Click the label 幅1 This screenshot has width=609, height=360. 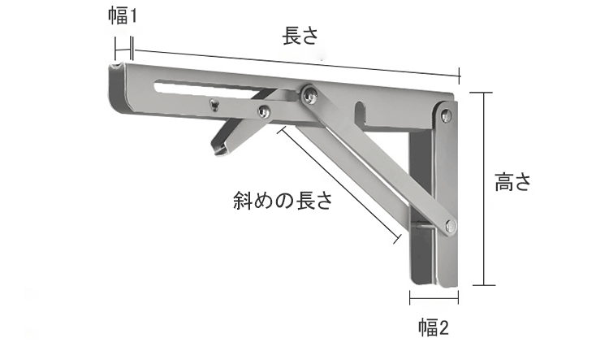tap(123, 16)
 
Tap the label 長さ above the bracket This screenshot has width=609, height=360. tap(300, 36)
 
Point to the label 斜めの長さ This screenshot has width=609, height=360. tap(283, 201)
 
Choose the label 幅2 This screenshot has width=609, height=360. tap(434, 327)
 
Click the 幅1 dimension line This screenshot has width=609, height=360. tap(124, 50)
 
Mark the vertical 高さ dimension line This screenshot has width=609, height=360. tap(483, 189)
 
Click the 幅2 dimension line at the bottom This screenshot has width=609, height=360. tap(434, 298)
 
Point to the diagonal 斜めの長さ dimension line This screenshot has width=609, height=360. tap(339, 185)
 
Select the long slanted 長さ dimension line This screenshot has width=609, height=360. tap(296, 63)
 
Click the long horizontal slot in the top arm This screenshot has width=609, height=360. tap(225, 89)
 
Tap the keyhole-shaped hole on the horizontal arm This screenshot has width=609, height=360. tap(214, 105)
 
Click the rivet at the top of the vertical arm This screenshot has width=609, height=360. tap(447, 115)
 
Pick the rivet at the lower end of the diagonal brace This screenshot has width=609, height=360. tap(451, 226)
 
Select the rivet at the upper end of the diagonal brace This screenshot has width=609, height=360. tap(309, 93)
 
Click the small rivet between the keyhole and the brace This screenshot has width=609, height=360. tap(264, 111)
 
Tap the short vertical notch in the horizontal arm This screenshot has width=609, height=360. tap(360, 113)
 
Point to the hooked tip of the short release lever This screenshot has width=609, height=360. tap(219, 148)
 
